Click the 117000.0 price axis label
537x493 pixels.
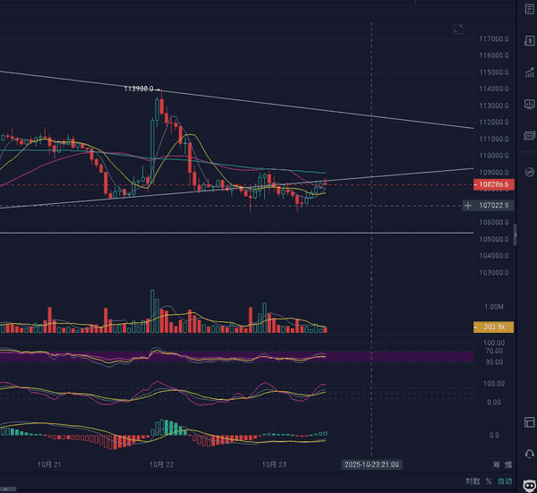click(x=494, y=39)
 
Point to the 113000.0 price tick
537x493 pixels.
click(x=494, y=106)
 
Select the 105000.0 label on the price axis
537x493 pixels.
click(x=494, y=239)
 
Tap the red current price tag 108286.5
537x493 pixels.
click(x=494, y=185)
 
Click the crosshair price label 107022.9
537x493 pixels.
click(x=494, y=206)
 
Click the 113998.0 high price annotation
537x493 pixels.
click(x=139, y=89)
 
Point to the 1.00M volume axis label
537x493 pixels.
click(x=493, y=306)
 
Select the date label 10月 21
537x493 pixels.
click(x=49, y=465)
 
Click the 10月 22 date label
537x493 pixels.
click(x=161, y=465)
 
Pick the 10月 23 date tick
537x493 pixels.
click(x=273, y=465)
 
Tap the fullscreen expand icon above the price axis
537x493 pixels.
click(x=459, y=30)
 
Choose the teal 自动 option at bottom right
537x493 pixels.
click(x=506, y=481)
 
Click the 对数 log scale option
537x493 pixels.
click(x=473, y=481)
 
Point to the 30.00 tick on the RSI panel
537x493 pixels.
click(x=493, y=361)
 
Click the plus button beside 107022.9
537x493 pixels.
click(x=468, y=206)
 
